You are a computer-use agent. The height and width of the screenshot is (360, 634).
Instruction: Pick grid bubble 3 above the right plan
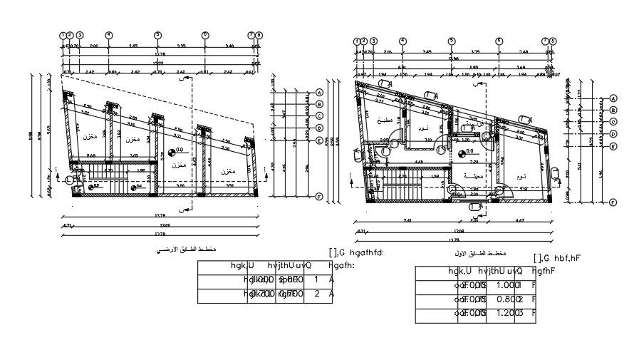click(x=372, y=41)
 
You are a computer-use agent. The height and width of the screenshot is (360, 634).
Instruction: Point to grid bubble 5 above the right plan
click(x=451, y=41)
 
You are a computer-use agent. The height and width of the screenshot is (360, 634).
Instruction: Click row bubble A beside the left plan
click(x=319, y=93)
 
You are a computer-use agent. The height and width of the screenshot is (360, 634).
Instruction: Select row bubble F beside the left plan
click(x=319, y=197)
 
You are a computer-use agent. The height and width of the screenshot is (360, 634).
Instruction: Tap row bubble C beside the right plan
click(x=613, y=122)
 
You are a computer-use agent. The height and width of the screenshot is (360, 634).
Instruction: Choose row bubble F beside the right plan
click(x=613, y=202)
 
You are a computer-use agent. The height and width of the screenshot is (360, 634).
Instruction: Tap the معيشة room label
click(x=472, y=175)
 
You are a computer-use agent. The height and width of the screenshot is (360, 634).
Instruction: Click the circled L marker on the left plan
click(x=69, y=181)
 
